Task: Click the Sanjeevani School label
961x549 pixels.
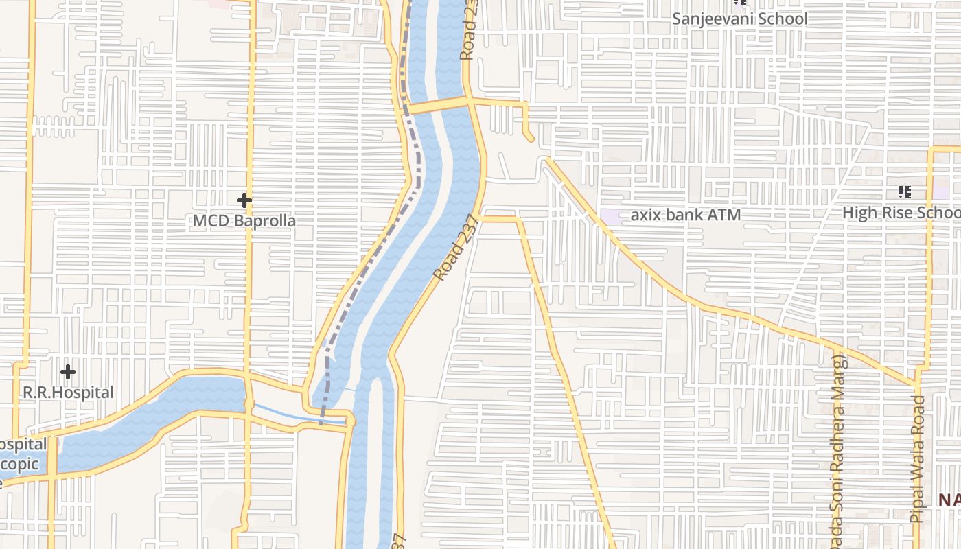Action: coord(739,19)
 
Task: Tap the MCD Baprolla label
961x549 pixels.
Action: coord(244,221)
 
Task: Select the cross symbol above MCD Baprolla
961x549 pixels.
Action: coord(244,200)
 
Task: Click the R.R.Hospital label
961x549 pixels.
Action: coord(68,393)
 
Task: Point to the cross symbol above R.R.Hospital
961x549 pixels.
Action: coord(67,373)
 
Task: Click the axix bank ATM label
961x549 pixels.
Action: coord(685,215)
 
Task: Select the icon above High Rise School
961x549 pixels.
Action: coord(904,192)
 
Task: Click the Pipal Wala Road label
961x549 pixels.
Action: coord(917,458)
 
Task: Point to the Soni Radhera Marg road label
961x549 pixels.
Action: coord(835,446)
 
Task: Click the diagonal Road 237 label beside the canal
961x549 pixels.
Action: coord(454,250)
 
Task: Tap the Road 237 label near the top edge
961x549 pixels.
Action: coord(469,31)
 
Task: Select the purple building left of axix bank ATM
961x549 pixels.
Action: coord(611,215)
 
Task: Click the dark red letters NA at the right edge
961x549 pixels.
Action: coord(949,500)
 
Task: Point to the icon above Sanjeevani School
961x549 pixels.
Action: coord(739,2)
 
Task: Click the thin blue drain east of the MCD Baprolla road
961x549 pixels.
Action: coord(295,414)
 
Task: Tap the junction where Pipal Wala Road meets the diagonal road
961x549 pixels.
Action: coord(917,384)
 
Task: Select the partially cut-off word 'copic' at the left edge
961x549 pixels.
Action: coord(19,465)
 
